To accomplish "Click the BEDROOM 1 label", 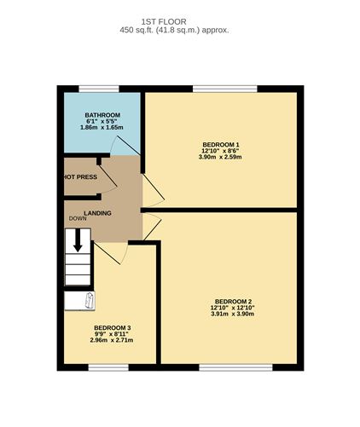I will point(220,143).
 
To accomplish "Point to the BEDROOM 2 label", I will point(233,301).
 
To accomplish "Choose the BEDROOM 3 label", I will point(112,326).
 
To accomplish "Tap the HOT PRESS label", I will point(78,177).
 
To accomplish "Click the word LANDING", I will point(96,212).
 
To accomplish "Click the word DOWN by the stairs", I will point(78,219).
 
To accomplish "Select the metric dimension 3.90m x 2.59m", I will point(220,157).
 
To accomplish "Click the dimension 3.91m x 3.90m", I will point(233,314).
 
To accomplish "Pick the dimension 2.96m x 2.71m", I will point(112,340).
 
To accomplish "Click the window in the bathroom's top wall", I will point(99,89).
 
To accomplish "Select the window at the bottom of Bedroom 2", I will point(235,367).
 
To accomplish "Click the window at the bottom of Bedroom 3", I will point(108,367).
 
